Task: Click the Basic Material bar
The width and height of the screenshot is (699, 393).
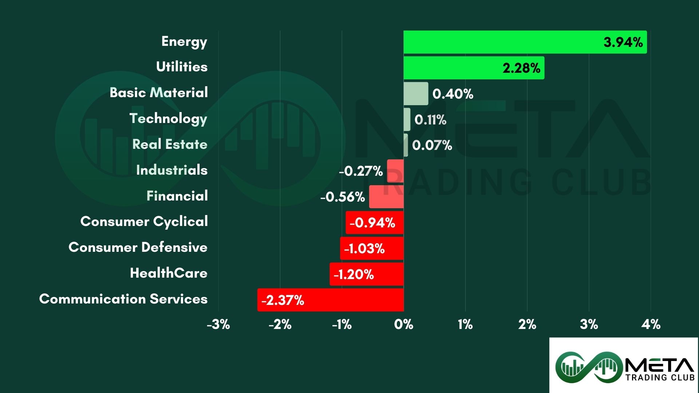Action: [x=416, y=94]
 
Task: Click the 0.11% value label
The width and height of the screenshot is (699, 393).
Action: [x=430, y=120]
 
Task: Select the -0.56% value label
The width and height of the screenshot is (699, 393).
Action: [x=343, y=197]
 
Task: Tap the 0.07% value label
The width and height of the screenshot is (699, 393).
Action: [x=432, y=145]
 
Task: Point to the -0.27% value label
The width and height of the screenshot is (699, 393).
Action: [x=361, y=171]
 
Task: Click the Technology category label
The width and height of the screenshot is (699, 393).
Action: [x=168, y=119]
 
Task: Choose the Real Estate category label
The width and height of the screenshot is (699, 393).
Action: [x=170, y=144]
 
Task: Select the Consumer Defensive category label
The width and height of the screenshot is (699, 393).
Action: [x=138, y=247]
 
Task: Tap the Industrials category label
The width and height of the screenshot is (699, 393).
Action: [x=171, y=170]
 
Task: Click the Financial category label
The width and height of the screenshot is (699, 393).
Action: [x=177, y=196]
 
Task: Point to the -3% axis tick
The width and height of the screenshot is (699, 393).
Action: [x=218, y=324]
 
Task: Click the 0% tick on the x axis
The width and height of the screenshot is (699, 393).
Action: [x=403, y=324]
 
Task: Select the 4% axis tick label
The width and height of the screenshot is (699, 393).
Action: [x=651, y=324]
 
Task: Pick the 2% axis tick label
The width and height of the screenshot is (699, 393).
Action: [x=527, y=324]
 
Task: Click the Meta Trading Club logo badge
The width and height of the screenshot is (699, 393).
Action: [x=624, y=365]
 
